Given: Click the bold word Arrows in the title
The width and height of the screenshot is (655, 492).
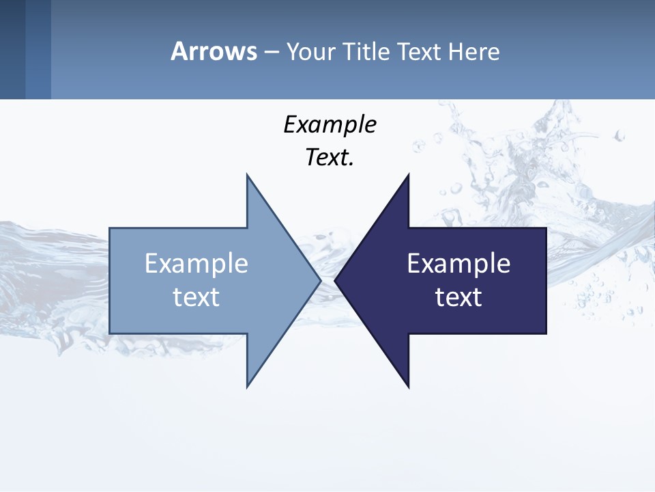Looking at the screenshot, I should coord(214,51).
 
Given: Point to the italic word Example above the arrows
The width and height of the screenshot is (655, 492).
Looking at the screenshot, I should coord(330,124).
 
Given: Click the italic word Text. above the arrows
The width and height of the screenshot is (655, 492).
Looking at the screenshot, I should coord(330,157).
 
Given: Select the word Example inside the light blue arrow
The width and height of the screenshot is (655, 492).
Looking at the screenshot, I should coord(196,263).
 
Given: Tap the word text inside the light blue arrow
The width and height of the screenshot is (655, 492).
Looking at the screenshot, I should coord(196,297).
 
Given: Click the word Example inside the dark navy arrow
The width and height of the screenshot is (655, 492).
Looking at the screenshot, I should coord(458,263).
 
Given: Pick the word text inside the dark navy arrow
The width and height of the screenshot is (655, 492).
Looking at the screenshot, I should coord(458,297).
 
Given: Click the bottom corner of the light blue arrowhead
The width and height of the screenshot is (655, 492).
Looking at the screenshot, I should coord(248,386).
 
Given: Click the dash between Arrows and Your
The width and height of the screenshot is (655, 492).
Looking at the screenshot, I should coord(271,52).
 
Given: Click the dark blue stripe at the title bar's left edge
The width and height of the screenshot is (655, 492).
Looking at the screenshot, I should coord(12,49).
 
